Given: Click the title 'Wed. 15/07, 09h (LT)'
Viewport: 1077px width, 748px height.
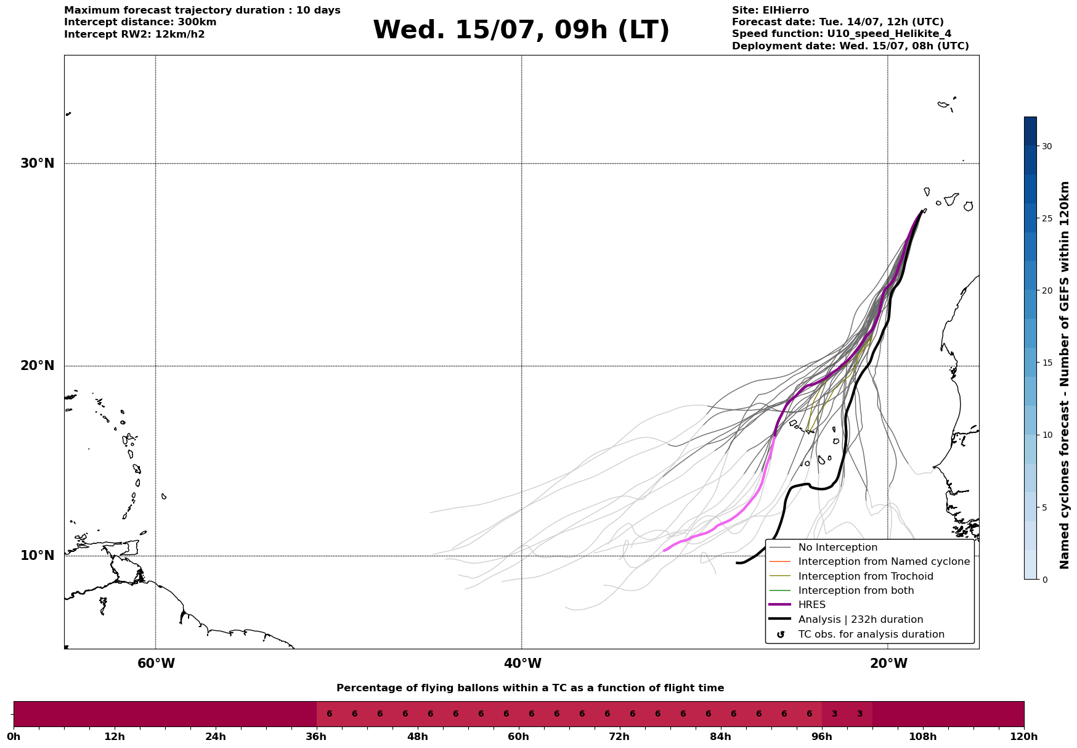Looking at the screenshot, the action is coord(521,30).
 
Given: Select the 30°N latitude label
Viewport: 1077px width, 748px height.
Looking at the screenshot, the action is coord(38,163).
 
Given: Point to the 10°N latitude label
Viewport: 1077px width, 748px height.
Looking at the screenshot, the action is coord(38,556).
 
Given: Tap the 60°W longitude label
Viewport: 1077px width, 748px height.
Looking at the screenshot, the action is coord(156,664).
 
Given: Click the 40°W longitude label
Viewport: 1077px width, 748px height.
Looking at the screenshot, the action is coord(522,664).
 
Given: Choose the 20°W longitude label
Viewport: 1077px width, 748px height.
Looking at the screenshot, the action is coord(888,664).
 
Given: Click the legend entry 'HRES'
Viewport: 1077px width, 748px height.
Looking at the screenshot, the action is coord(811,605).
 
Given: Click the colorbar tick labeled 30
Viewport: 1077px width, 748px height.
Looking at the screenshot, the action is coord(1046,146).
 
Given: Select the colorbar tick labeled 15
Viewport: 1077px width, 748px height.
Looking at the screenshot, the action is coord(1046,363).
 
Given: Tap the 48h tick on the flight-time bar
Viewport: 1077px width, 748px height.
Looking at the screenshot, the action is coord(418,736).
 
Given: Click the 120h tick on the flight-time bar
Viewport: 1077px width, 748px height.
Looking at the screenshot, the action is coord(1024,736).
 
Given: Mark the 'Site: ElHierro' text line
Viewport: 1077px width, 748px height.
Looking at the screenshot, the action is coord(770,10).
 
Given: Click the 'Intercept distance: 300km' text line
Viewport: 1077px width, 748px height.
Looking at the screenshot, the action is coord(140,22).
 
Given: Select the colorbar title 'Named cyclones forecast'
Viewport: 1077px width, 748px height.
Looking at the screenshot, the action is coord(1064,375).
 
